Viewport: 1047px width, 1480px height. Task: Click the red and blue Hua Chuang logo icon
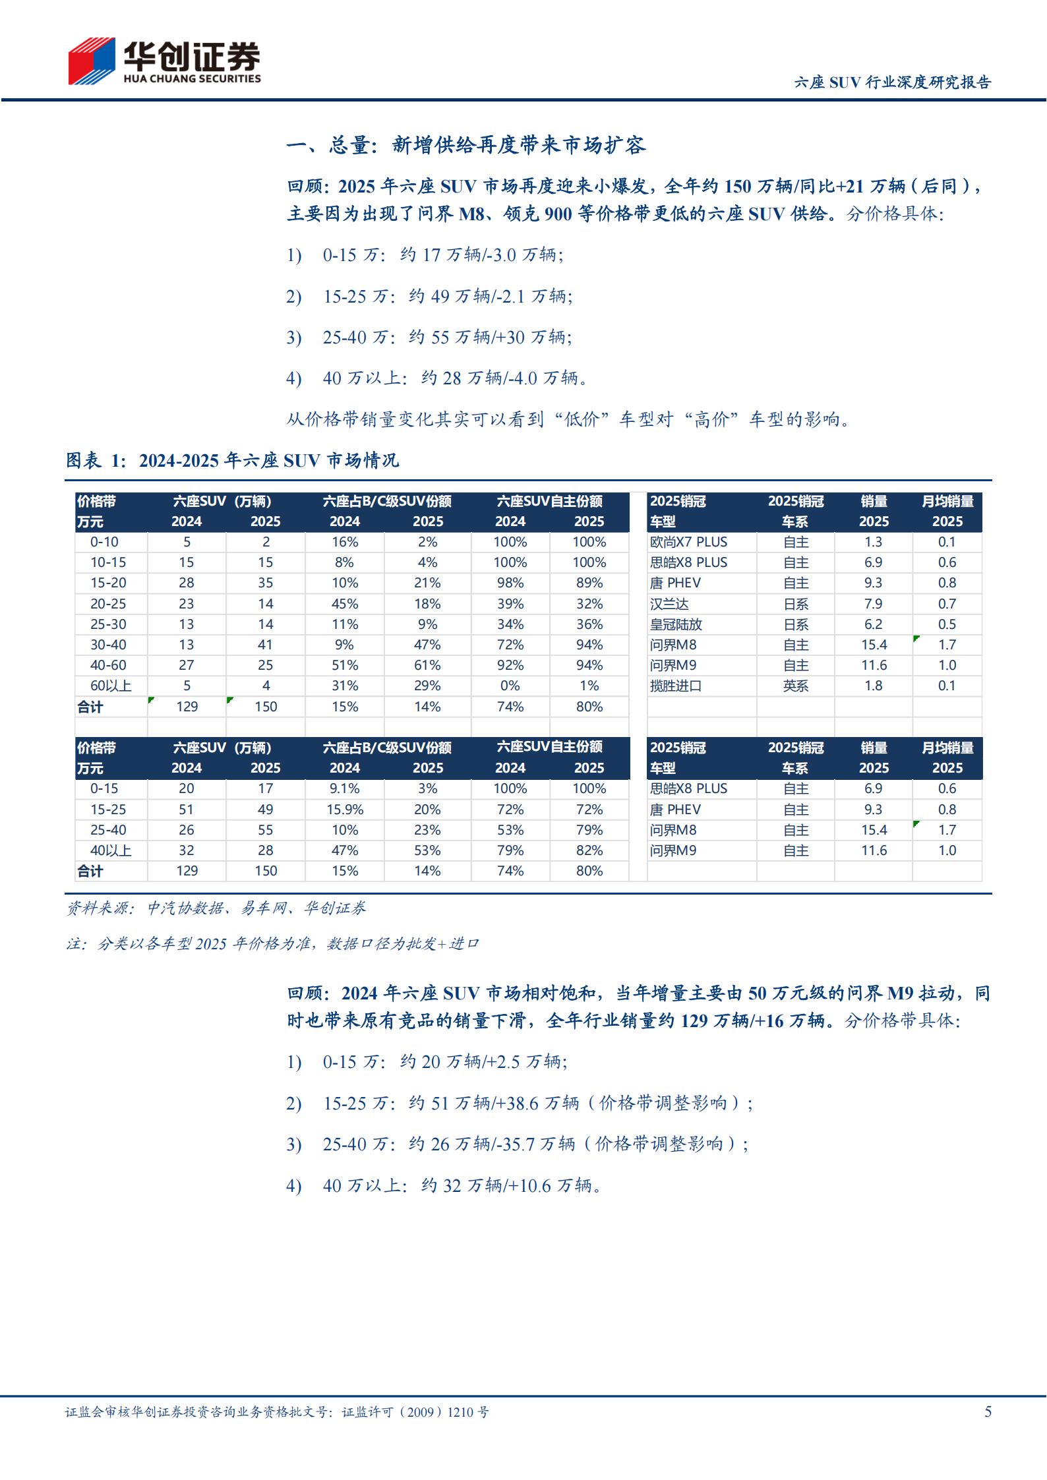[x=92, y=61]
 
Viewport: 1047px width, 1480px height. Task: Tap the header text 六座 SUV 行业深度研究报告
[x=892, y=82]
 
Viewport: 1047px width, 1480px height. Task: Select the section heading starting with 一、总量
[x=465, y=145]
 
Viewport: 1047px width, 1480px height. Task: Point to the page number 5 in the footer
[x=988, y=1411]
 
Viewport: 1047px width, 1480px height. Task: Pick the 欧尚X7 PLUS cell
[x=688, y=542]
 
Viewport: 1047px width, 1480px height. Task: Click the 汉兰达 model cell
[x=669, y=604]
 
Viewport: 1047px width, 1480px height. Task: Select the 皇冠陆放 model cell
[x=676, y=624]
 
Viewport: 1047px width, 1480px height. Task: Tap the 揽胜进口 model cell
[x=676, y=686]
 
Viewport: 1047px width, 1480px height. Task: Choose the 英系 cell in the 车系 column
[x=796, y=686]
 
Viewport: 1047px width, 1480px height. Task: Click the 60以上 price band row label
[x=111, y=686]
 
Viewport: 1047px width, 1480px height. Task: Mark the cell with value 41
[x=265, y=645]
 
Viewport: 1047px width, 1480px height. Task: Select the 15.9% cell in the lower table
[x=345, y=810]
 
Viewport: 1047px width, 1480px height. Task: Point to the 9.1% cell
[x=345, y=788]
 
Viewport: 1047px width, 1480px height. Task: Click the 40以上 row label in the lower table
[x=111, y=850]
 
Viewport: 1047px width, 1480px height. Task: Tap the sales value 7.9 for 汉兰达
[x=873, y=604]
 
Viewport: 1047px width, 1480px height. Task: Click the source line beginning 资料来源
[x=216, y=908]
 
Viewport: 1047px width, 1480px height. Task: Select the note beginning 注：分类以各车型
[x=272, y=944]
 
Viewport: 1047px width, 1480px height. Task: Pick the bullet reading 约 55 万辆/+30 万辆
[x=447, y=338]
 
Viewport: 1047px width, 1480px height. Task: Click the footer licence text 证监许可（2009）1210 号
[x=415, y=1412]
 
